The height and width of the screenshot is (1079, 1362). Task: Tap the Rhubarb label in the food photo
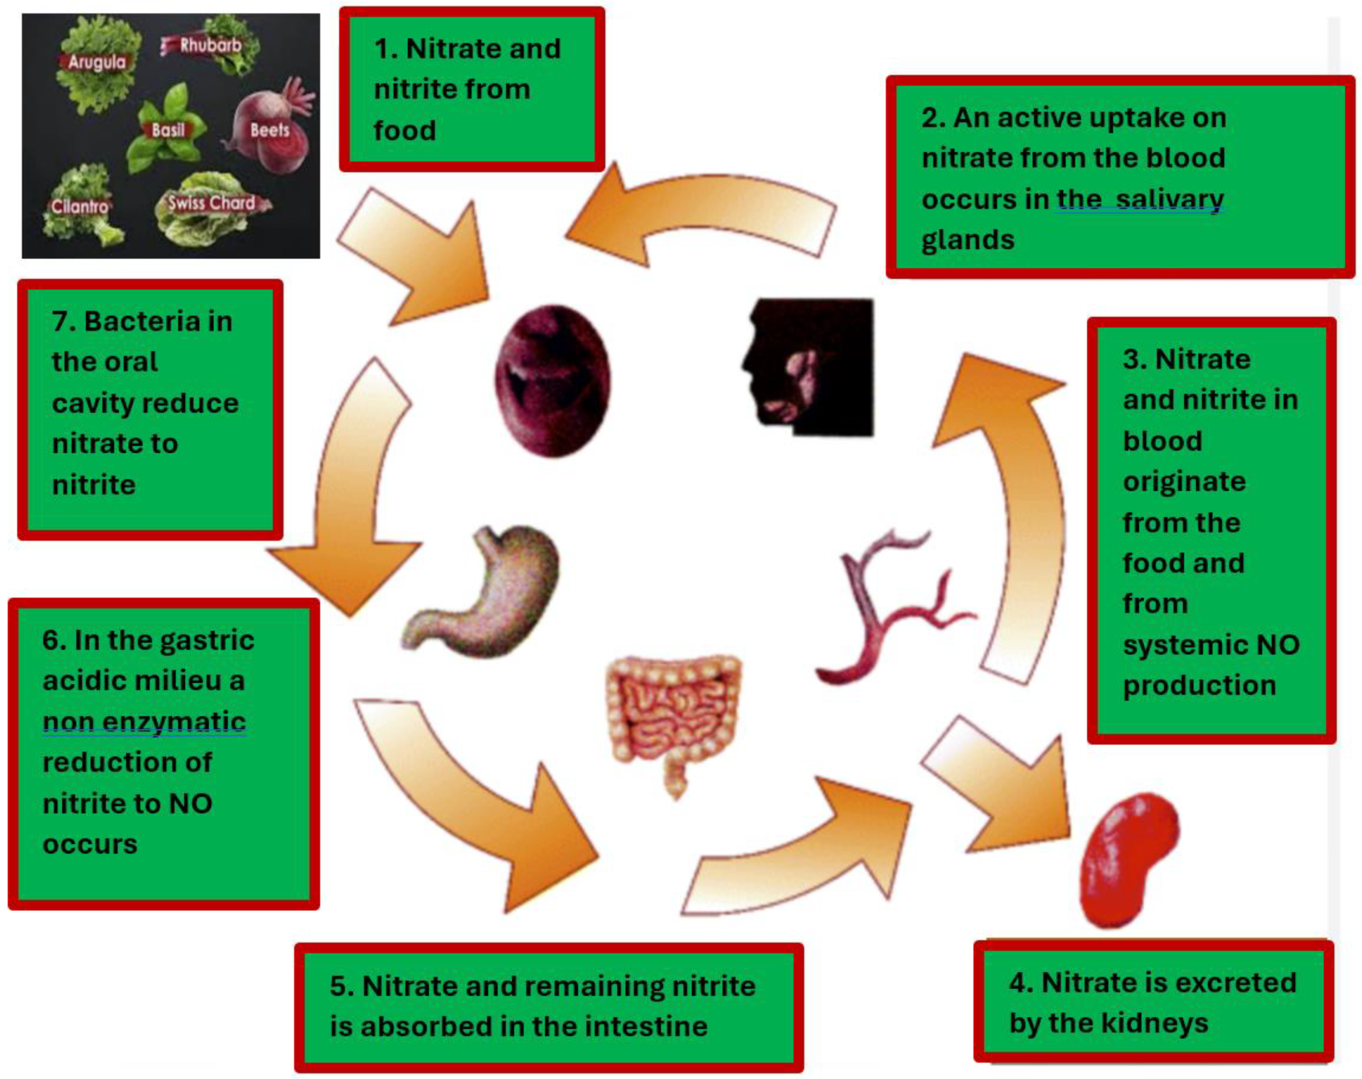[210, 45]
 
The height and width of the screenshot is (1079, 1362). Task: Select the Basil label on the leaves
[168, 130]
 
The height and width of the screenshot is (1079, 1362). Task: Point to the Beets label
[269, 130]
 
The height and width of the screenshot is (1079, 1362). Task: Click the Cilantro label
[80, 206]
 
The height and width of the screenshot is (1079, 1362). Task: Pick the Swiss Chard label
[211, 203]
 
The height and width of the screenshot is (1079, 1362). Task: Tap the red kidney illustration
[1127, 859]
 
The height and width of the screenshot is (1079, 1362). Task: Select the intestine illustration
[673, 720]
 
